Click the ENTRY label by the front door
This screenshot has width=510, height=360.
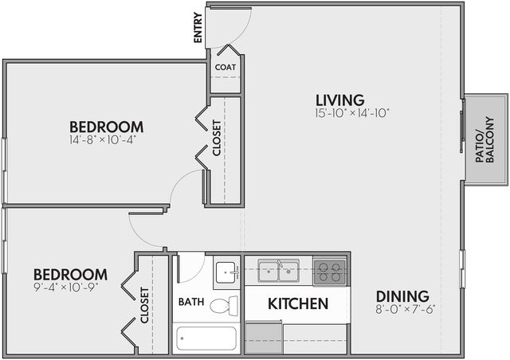tap(198, 28)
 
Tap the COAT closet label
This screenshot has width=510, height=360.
tap(226, 68)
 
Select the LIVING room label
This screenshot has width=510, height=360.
tap(340, 100)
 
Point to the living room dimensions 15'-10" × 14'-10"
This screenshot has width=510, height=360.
tap(352, 113)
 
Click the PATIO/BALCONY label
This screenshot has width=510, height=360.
tap(484, 139)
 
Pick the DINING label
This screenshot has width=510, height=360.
tap(402, 296)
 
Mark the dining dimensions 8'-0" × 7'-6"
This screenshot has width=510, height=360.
tap(406, 309)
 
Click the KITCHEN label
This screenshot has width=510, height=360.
tap(298, 303)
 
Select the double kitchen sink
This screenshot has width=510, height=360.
tap(278, 271)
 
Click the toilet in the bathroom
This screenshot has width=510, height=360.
tap(224, 306)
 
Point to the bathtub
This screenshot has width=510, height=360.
tap(206, 338)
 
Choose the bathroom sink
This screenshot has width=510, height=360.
tap(226, 272)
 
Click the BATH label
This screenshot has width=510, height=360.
tap(191, 302)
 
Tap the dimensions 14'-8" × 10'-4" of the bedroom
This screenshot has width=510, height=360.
tap(103, 140)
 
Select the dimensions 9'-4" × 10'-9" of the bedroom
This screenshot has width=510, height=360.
tap(66, 288)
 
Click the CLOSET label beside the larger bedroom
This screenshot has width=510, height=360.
tap(217, 138)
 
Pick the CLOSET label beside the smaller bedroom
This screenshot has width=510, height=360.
tap(144, 305)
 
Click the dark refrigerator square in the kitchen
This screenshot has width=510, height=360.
tap(264, 338)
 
